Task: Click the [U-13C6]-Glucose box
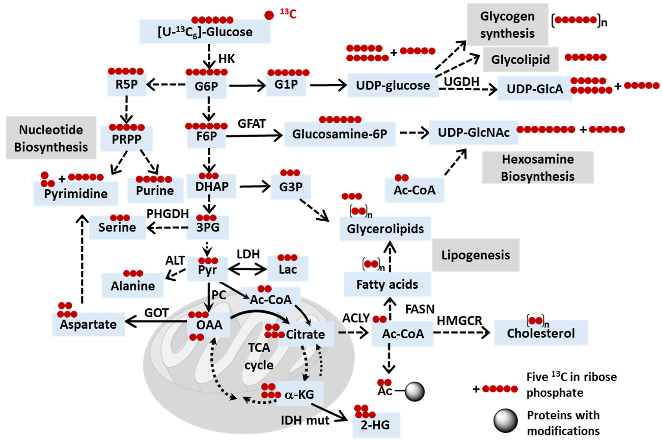[x=205, y=32]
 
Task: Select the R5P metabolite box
[x=127, y=84]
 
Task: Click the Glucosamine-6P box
[x=340, y=134]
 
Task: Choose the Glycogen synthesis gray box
[x=507, y=25]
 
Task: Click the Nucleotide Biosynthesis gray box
[x=51, y=138]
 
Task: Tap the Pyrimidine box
[x=76, y=194]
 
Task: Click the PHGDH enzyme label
[x=168, y=214]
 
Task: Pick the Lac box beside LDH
[x=288, y=269]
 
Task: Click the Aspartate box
[x=88, y=324]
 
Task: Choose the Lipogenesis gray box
[x=475, y=255]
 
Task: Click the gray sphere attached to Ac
[x=415, y=391]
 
